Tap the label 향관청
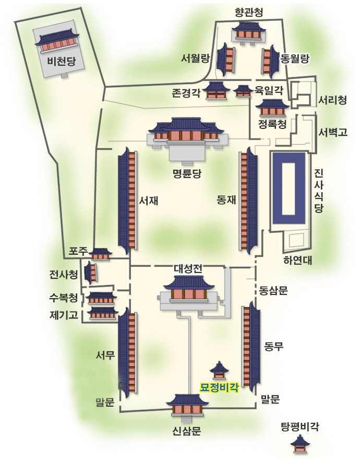tap(247, 12)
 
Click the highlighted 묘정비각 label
tap(219, 387)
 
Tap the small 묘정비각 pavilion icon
tap(219, 370)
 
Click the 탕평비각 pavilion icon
tap(299, 444)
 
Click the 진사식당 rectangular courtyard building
tap(289, 190)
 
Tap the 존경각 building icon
tap(216, 90)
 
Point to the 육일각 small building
tap(242, 91)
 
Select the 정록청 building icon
tap(272, 108)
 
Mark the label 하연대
tap(297, 260)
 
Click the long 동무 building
tap(251, 346)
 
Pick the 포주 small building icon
tap(101, 254)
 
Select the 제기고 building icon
tap(102, 313)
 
